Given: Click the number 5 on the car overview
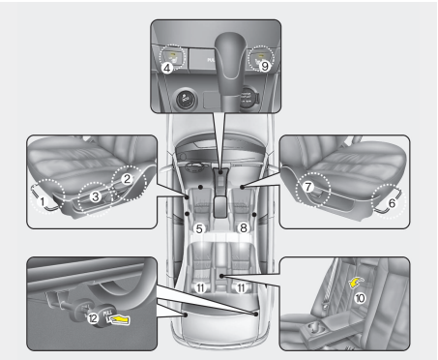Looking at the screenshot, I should [x=197, y=228].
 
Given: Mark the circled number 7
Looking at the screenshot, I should [x=307, y=183].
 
